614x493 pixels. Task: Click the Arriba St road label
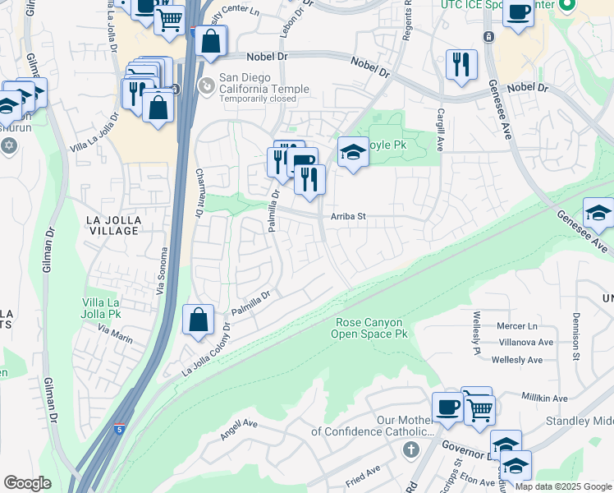point(347,218)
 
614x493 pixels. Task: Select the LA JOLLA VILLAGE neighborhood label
point(112,225)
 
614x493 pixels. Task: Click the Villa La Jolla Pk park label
point(113,308)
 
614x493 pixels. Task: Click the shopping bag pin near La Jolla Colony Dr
point(199,320)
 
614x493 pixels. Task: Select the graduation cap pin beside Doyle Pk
point(352,152)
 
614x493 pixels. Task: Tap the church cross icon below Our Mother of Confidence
point(411,449)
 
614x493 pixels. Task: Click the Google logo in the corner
point(27,482)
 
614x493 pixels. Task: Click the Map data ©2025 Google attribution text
point(563,486)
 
